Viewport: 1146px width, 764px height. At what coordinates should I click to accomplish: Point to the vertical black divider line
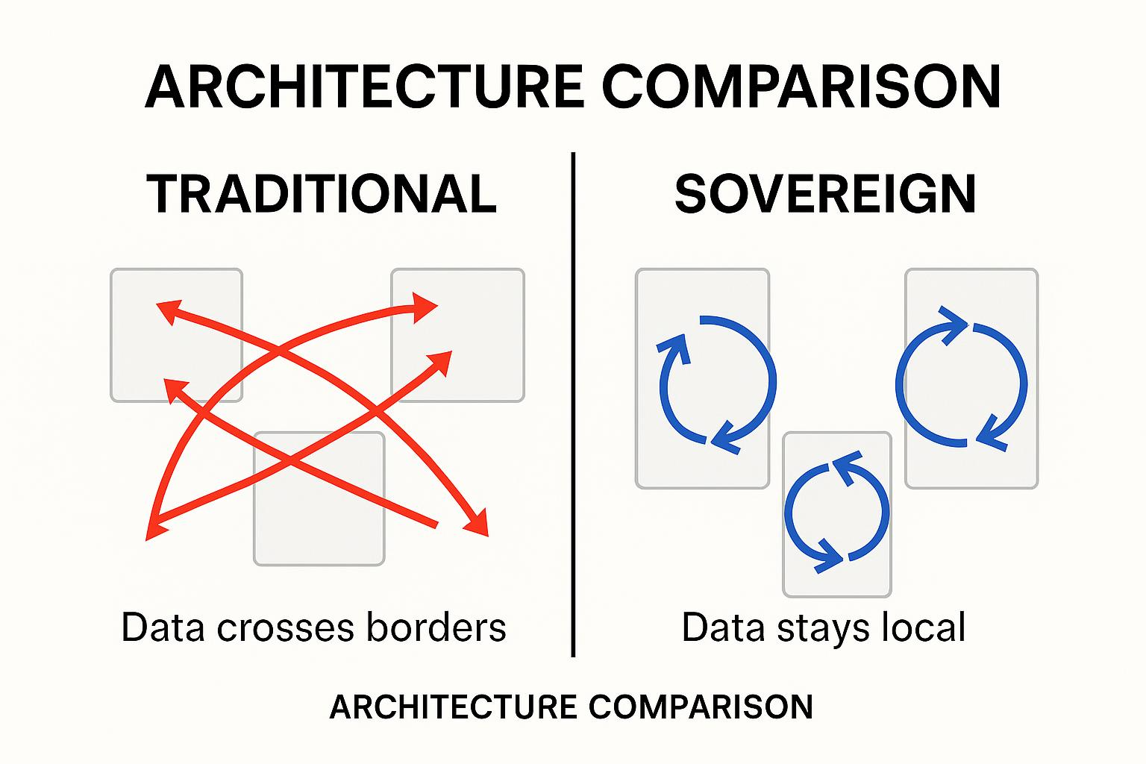coord(573,403)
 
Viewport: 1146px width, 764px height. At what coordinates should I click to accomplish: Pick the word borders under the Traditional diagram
coord(436,627)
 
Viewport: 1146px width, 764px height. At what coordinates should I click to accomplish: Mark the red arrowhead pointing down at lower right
coord(478,523)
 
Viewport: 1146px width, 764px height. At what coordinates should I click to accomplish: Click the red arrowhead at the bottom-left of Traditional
coord(155,527)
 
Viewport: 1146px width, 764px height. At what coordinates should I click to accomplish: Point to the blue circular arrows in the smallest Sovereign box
coord(837,513)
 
